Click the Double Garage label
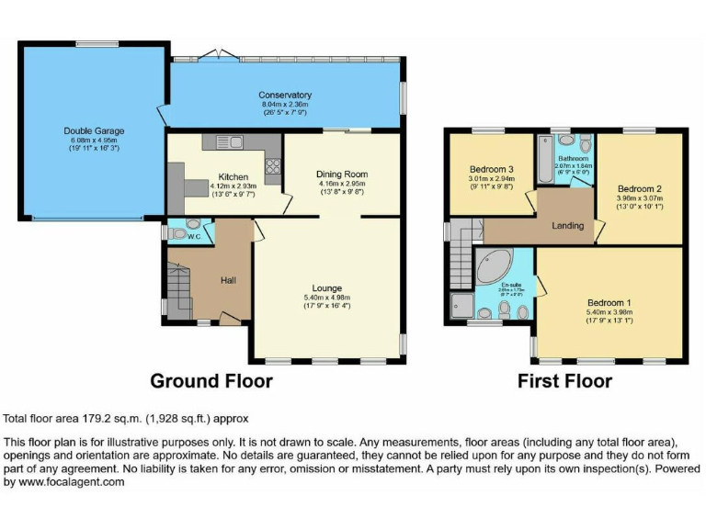point(94,131)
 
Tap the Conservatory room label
point(285,95)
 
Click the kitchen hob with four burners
point(272,165)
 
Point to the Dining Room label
point(341,174)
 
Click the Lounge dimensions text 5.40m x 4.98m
point(326,297)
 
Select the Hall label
point(229,279)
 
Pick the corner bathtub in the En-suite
point(497,266)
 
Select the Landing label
point(567,225)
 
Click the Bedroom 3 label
point(491,169)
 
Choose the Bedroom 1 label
point(610,302)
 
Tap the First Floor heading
point(564,380)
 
